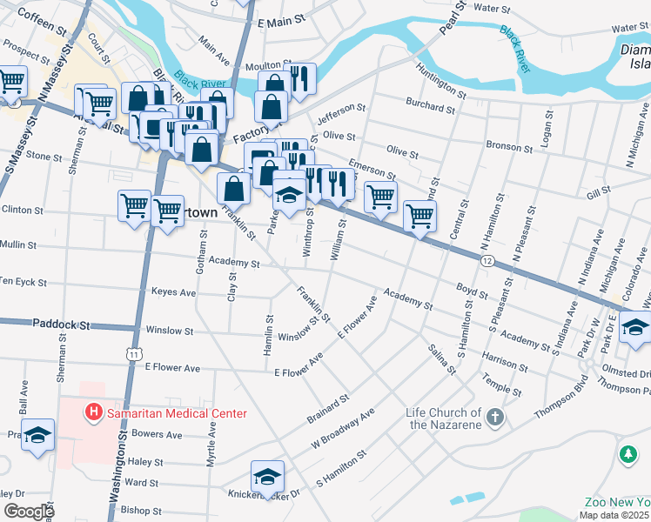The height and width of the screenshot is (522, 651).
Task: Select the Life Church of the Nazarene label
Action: [x=445, y=418]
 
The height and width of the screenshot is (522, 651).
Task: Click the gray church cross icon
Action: [x=494, y=418]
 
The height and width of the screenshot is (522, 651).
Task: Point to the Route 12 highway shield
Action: [x=487, y=260]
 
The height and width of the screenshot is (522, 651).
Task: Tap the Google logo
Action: [x=29, y=511]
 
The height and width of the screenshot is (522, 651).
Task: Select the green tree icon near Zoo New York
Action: [x=628, y=454]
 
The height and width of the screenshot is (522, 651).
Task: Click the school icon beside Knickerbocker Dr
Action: [x=267, y=475]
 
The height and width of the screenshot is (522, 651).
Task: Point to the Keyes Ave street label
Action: [x=173, y=292]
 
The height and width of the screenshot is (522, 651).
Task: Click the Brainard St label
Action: [x=327, y=409]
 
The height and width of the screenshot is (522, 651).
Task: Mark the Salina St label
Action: [x=441, y=358]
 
